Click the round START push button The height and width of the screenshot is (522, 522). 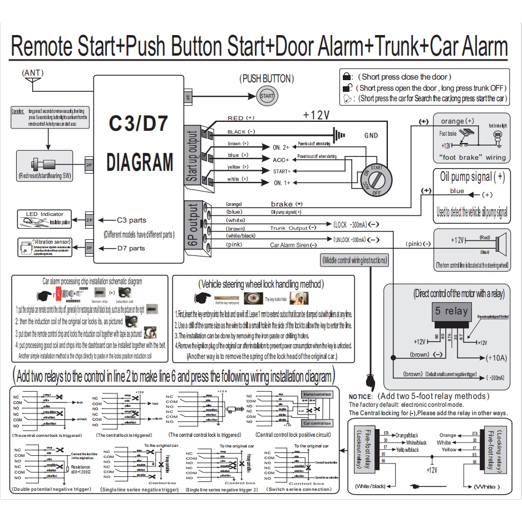click(x=267, y=96)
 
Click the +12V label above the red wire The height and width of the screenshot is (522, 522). click(x=316, y=115)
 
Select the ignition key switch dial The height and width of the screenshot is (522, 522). click(x=375, y=176)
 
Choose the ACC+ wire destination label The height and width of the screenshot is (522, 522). click(x=281, y=159)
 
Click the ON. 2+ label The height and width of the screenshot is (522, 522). click(x=281, y=147)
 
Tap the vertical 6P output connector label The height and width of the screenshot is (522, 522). click(x=193, y=228)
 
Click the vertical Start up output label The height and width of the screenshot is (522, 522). click(x=193, y=156)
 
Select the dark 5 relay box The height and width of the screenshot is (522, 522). click(x=451, y=310)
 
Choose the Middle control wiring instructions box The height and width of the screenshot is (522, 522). click(x=354, y=259)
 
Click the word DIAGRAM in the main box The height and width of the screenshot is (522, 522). click(x=140, y=162)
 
